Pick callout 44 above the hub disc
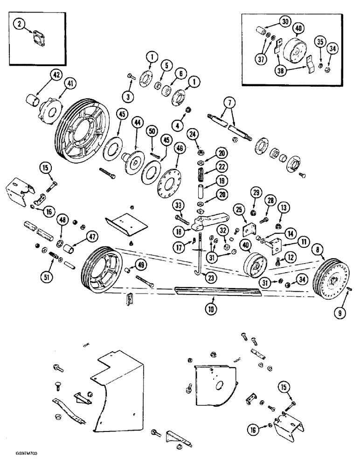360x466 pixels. click(137, 123)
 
